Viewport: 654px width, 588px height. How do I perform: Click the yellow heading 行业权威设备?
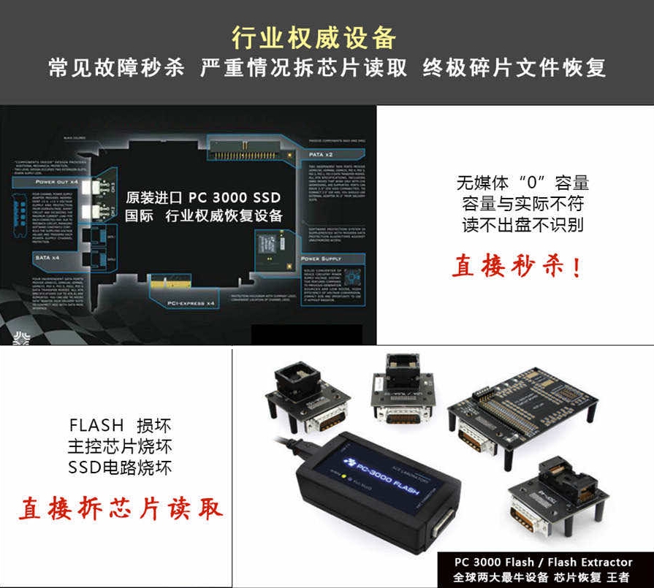pos(313,37)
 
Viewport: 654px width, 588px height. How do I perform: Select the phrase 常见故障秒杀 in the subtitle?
pos(116,69)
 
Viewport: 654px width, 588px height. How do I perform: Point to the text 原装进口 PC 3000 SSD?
pos(202,197)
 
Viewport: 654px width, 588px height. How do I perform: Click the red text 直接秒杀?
pos(517,267)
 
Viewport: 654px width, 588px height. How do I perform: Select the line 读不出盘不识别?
pos(522,224)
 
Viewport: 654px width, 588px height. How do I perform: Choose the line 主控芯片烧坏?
pos(120,446)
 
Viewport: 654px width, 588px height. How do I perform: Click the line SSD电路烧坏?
pos(120,467)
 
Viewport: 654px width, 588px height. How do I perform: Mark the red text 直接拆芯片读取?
pos(121,508)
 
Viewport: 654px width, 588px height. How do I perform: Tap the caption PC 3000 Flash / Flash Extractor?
pos(543,562)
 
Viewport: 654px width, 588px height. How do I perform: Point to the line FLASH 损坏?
pos(120,425)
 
